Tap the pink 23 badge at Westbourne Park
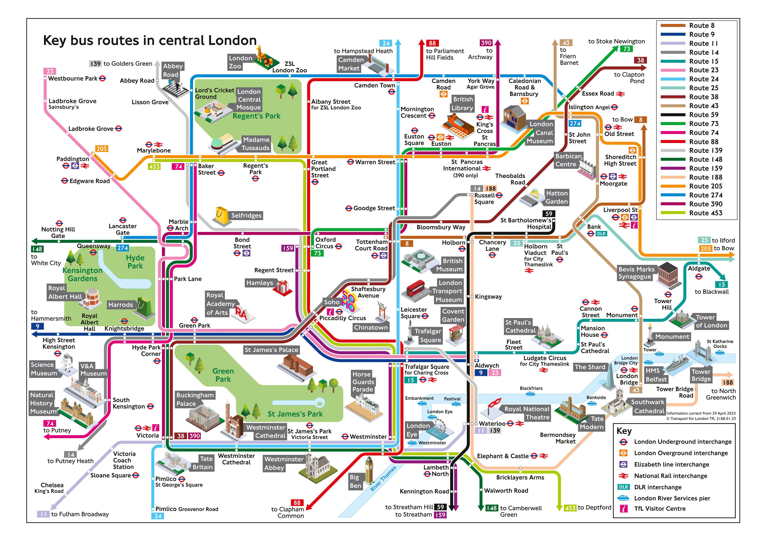[50, 71]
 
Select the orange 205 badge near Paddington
[101, 149]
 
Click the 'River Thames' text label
[383, 478]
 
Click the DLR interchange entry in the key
[658, 487]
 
